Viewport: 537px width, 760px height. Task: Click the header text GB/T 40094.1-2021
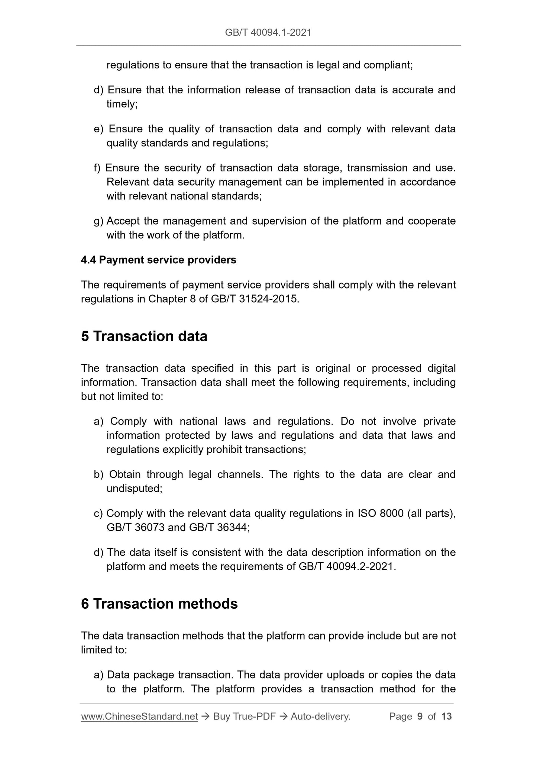[268, 33]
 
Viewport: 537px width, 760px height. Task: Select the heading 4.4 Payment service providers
[158, 260]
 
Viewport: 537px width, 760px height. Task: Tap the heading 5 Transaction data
[144, 336]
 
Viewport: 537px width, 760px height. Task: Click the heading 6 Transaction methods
[159, 603]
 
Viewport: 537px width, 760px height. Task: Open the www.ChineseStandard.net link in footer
[139, 716]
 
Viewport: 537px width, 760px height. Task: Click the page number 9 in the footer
[420, 716]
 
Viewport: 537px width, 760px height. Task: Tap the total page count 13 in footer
[446, 716]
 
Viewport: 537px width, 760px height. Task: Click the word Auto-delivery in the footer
[320, 716]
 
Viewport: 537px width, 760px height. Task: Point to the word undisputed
[133, 489]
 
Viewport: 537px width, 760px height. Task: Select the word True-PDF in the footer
[254, 716]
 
